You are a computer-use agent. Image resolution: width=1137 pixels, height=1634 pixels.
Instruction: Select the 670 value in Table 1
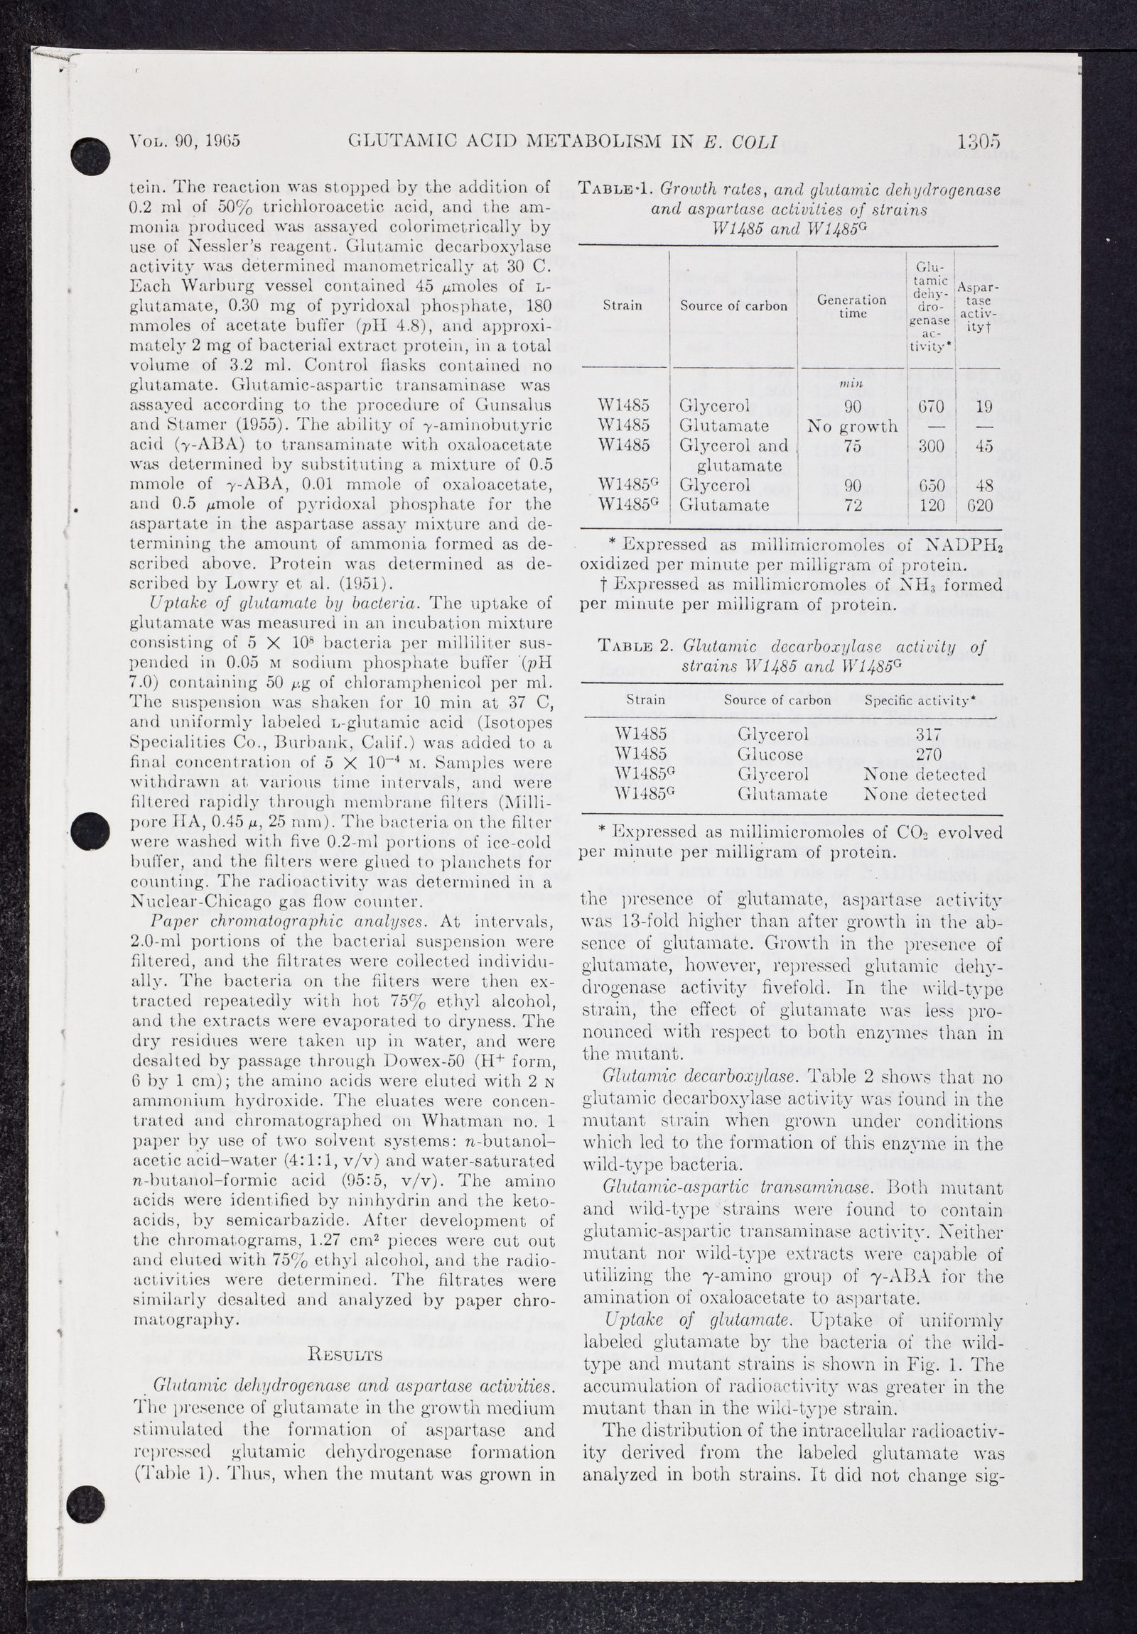click(x=931, y=406)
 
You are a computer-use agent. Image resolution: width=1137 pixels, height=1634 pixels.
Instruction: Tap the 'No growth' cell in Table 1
click(x=852, y=425)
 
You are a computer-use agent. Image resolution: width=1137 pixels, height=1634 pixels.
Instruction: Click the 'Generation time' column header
click(x=851, y=307)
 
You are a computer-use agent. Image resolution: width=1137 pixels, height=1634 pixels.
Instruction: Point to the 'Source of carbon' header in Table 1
click(x=733, y=306)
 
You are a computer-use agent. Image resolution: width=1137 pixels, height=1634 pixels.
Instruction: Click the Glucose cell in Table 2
click(x=770, y=753)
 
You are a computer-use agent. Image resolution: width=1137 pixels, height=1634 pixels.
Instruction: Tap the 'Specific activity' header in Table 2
click(x=918, y=700)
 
